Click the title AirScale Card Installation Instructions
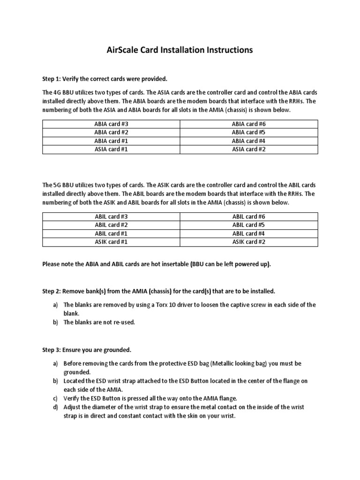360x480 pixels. [180, 50]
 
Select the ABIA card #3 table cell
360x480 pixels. [111, 124]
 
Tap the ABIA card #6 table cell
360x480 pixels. [249, 124]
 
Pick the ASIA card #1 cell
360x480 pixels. [111, 149]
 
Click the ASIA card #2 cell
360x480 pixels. [249, 149]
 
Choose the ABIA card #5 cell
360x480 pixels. [249, 132]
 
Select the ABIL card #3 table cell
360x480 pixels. [111, 217]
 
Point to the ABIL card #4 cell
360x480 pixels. [249, 233]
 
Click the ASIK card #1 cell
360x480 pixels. [111, 242]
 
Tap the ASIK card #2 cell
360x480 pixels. [249, 242]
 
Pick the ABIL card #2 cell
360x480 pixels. [111, 225]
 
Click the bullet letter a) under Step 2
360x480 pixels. [55, 305]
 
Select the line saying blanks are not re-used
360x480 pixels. [99, 322]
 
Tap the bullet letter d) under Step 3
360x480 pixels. [55, 407]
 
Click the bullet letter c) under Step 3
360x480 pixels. [55, 398]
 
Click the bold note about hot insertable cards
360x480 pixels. [157, 264]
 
